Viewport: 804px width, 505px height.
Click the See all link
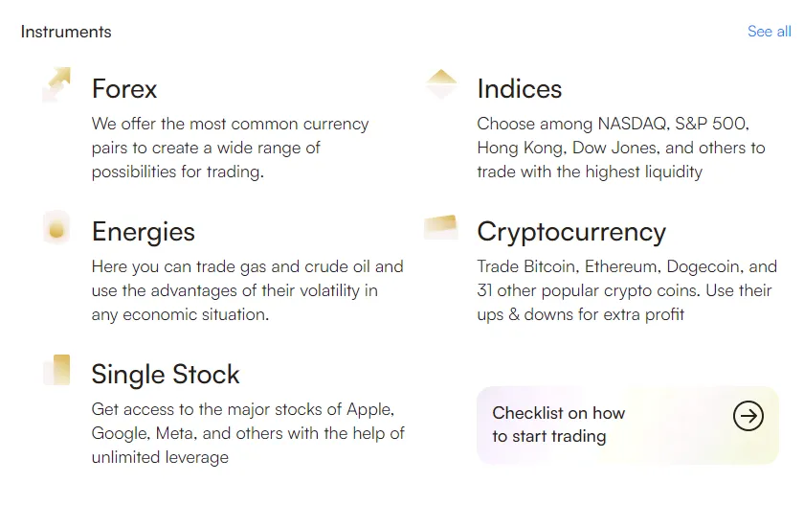click(x=770, y=32)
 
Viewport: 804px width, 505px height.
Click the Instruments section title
click(x=66, y=32)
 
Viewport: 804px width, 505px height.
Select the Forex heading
click(x=124, y=89)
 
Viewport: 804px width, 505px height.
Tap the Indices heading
click(x=520, y=89)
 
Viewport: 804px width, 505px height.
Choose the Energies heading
click(x=144, y=232)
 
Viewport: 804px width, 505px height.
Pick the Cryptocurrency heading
click(x=571, y=233)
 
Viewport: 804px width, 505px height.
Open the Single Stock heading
click(x=166, y=374)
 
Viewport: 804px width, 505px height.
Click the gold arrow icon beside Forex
click(x=56, y=84)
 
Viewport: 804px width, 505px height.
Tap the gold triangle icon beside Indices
click(x=441, y=83)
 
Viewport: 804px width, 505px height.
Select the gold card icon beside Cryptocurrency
click(x=441, y=227)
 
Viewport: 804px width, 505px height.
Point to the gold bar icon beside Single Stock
click(x=57, y=370)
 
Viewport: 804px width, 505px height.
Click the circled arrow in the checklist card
click(x=748, y=416)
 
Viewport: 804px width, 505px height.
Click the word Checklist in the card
click(x=527, y=413)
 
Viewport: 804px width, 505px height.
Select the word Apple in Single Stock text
click(x=370, y=409)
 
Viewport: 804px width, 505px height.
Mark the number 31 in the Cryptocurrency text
click(x=484, y=290)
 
